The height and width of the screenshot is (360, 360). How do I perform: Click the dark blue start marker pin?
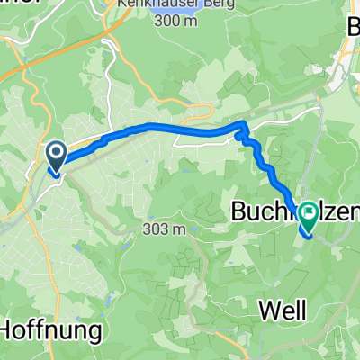click(x=55, y=157)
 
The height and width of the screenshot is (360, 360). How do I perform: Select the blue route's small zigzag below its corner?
click(x=244, y=139)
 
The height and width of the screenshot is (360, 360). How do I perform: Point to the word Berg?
click(x=195, y=4)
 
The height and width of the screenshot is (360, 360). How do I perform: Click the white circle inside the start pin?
click(x=55, y=155)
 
